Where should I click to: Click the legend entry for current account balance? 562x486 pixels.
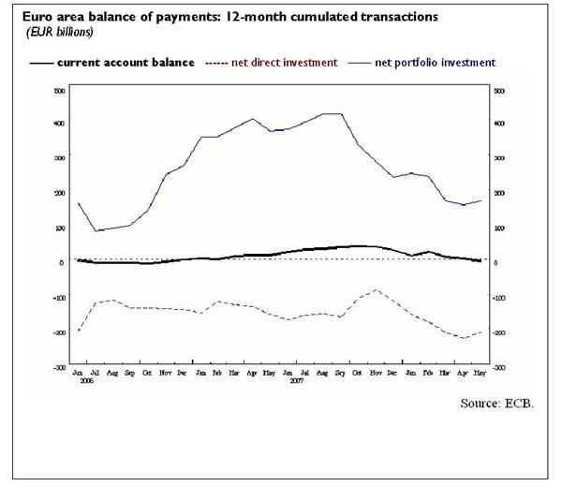(x=125, y=63)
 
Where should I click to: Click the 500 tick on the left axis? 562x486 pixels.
(x=60, y=91)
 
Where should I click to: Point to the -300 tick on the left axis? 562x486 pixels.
(x=59, y=367)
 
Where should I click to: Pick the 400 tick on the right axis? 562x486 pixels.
(x=499, y=124)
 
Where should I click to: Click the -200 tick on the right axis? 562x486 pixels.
(x=500, y=332)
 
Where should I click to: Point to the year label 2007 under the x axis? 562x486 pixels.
(x=297, y=381)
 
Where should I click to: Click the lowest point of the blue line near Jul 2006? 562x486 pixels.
(x=96, y=230)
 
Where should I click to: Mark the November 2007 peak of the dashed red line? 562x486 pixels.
(x=376, y=290)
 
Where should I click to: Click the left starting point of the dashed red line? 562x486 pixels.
(x=79, y=331)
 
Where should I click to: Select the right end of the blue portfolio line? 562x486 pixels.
(x=481, y=200)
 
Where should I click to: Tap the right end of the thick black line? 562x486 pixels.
(x=481, y=261)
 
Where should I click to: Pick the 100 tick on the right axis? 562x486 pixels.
(x=499, y=228)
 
